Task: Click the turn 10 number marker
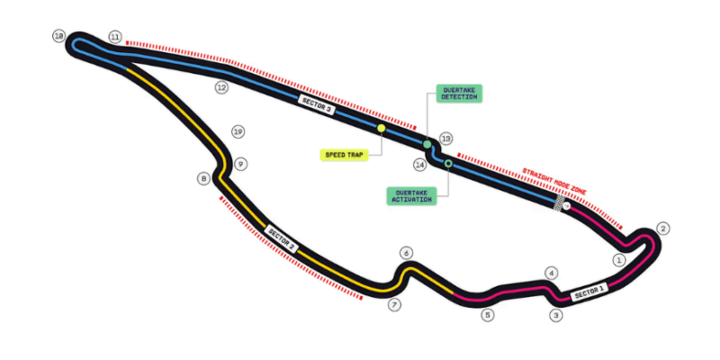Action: click(59, 36)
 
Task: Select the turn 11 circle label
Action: click(115, 37)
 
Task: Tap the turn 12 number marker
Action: click(221, 87)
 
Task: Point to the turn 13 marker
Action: click(445, 139)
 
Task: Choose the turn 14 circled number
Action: click(419, 165)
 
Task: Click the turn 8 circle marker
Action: click(204, 178)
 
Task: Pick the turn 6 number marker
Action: click(407, 253)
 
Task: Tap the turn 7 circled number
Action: click(394, 304)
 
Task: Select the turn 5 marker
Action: click(488, 315)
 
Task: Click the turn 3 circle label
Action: click(556, 316)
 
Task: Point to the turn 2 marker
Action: click(663, 229)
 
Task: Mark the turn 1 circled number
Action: click(619, 260)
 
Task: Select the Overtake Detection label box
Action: click(459, 94)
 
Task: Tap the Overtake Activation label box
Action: click(411, 195)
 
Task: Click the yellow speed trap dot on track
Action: click(381, 128)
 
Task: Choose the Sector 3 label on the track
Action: click(317, 104)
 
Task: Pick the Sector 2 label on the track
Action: click(282, 238)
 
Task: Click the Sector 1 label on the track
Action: click(589, 292)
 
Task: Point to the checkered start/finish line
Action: click(559, 203)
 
